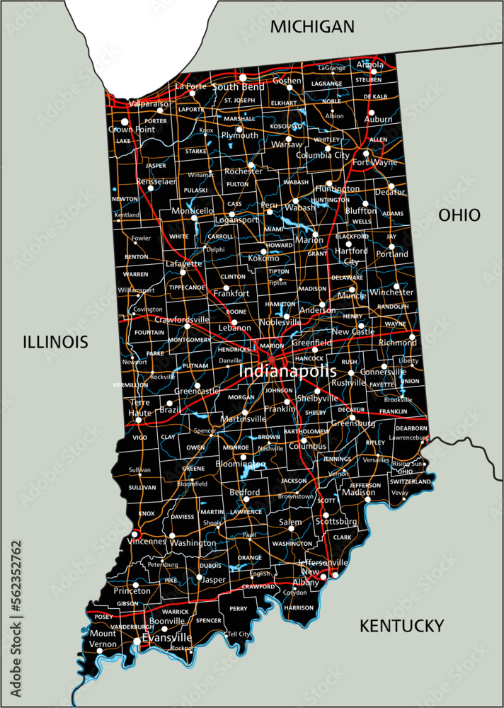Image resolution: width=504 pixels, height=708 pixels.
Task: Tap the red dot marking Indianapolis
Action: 272,360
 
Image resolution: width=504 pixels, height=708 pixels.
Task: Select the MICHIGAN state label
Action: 312,27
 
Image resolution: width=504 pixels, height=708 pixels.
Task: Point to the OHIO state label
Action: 459,215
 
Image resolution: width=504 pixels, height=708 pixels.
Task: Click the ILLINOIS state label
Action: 55,342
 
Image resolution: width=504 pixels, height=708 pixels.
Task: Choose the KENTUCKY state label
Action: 401,625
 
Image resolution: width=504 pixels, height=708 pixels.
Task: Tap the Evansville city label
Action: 167,637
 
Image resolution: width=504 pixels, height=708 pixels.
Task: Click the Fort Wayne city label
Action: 375,162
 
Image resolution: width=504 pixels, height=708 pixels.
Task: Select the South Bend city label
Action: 238,86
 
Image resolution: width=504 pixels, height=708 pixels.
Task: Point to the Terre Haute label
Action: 139,407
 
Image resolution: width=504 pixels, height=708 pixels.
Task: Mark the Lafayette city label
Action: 184,263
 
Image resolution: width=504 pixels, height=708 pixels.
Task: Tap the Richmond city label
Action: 399,342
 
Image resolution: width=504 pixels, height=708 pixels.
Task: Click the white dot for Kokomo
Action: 263,251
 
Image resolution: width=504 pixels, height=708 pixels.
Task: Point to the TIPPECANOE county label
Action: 187,287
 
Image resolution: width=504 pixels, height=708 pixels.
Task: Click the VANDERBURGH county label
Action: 134,627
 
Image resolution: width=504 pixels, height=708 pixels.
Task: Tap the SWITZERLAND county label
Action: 410,481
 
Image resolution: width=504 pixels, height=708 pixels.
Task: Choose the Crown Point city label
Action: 132,130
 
